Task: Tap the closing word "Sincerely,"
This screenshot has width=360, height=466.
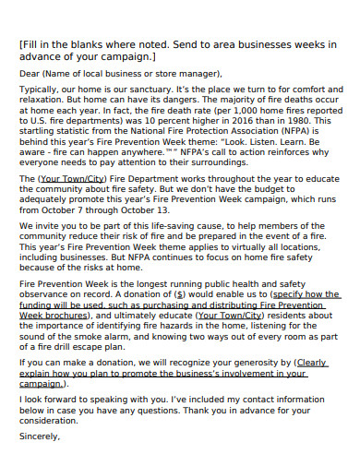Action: click(40, 437)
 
